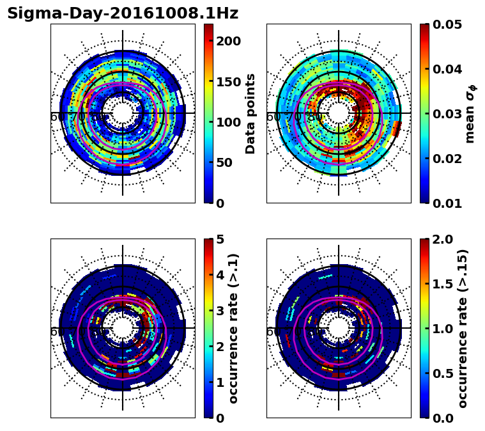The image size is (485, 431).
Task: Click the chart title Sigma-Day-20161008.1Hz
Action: tap(123, 13)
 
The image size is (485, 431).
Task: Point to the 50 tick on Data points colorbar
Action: tap(223, 162)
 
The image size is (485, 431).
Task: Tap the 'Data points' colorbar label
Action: tap(250, 114)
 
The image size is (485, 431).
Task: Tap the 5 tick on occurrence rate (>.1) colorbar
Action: tap(219, 239)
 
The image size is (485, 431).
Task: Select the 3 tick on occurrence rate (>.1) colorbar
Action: tap(219, 311)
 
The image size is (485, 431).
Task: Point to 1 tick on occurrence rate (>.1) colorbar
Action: tap(219, 382)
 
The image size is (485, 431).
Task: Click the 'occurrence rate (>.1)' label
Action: tap(233, 329)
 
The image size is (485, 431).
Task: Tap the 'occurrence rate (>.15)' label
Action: tap(463, 329)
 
